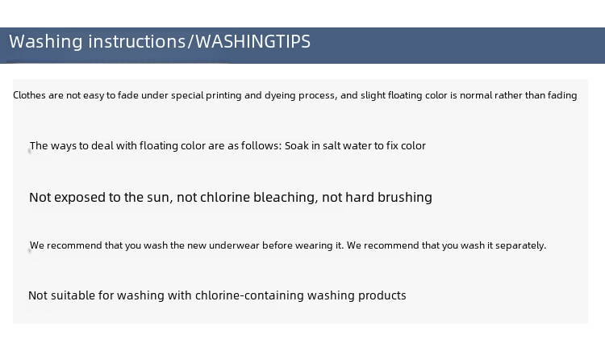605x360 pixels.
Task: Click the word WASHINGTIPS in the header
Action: pyautogui.click(x=252, y=41)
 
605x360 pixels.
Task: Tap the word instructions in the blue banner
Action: pyautogui.click(x=137, y=41)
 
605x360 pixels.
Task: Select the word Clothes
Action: pyautogui.click(x=29, y=95)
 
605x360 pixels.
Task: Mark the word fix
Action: pyautogui.click(x=392, y=145)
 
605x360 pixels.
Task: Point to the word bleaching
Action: pyautogui.click(x=286, y=198)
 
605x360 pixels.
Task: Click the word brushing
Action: pyautogui.click(x=405, y=198)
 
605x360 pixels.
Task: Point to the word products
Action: pyautogui.click(x=382, y=295)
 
